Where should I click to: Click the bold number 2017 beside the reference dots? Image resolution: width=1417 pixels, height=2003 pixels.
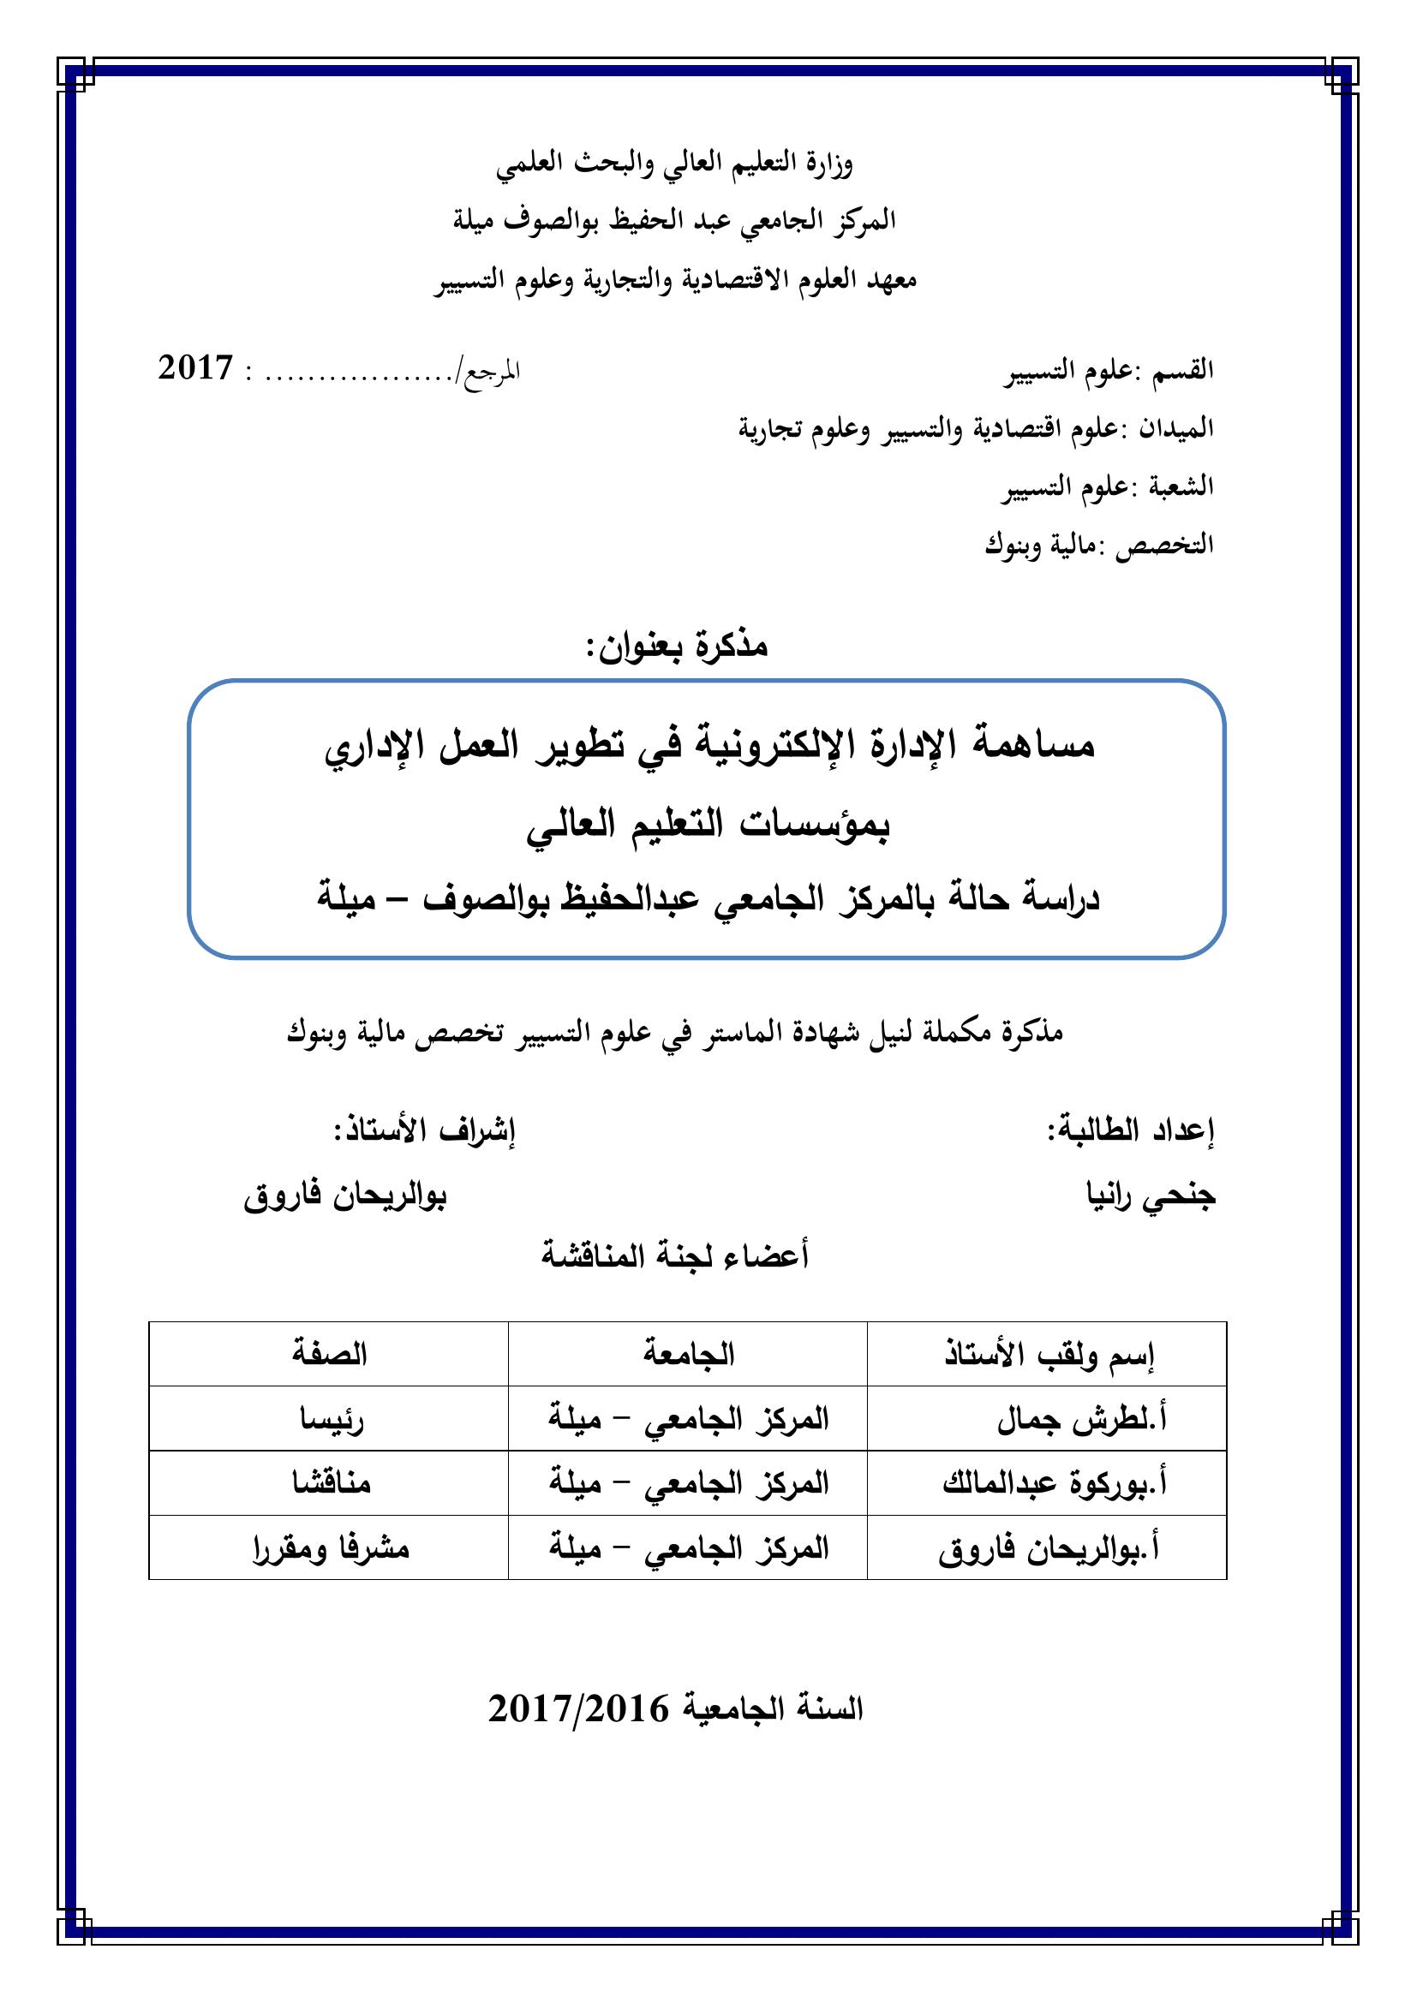click(x=195, y=368)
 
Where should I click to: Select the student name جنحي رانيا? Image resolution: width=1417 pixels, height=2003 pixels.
click(x=1150, y=1197)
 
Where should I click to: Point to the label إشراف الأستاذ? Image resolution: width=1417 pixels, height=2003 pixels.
click(x=424, y=1131)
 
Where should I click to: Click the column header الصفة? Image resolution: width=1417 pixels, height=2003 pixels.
click(x=329, y=1355)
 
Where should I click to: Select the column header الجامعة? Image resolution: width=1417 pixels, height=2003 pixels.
click(x=689, y=1355)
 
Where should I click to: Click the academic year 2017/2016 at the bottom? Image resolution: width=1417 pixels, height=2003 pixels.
click(x=577, y=1708)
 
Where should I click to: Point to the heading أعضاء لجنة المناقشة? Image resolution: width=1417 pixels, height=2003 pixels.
click(x=675, y=1257)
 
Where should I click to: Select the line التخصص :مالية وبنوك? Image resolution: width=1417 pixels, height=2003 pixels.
click(x=1099, y=545)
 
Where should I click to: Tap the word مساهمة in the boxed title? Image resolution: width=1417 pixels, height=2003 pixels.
click(x=1033, y=747)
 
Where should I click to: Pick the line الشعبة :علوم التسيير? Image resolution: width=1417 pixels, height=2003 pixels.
click(x=1107, y=486)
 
